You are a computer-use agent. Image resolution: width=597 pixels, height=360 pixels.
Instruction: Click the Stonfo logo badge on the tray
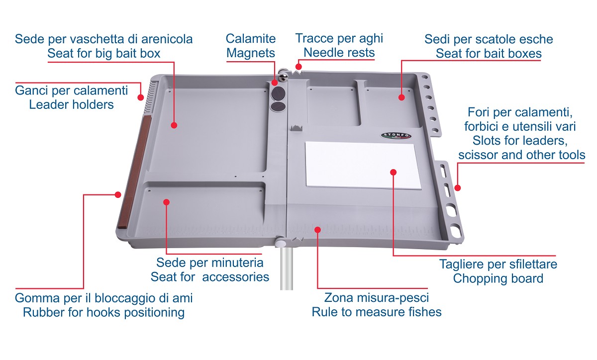396,136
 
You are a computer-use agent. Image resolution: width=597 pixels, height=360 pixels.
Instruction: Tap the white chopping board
363,165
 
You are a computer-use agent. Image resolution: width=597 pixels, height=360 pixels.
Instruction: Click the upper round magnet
278,93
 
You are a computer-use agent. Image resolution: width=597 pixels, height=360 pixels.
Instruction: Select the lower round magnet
278,106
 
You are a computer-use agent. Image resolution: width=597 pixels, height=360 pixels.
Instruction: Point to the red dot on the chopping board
394,172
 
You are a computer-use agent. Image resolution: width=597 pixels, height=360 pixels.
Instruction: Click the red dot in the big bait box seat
174,125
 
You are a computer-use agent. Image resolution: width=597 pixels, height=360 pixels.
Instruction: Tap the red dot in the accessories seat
167,202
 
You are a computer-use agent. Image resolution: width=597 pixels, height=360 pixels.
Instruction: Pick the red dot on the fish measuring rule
317,229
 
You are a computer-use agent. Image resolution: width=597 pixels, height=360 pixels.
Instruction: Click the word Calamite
251,39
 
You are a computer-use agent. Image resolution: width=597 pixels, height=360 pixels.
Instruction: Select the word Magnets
251,53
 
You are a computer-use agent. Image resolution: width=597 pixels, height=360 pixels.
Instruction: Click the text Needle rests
339,53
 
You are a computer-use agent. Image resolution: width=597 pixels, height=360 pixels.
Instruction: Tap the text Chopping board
498,279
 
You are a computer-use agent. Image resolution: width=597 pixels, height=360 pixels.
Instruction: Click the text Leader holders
71,105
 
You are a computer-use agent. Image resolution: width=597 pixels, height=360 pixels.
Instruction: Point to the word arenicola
167,39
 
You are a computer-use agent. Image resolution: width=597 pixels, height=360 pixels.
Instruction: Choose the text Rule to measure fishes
377,312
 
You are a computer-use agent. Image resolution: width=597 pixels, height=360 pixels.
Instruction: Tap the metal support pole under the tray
287,269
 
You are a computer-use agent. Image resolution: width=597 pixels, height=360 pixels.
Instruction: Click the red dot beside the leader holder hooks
141,97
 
